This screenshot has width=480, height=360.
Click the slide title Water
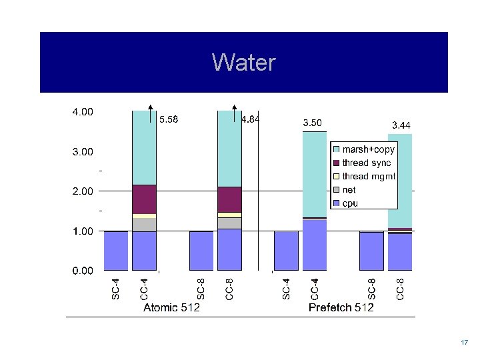(243, 63)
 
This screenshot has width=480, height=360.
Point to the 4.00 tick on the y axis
(83, 112)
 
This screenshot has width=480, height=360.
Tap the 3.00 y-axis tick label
(83, 152)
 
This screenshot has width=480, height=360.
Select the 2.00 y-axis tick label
(83, 191)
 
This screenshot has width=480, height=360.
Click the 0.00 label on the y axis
(83, 271)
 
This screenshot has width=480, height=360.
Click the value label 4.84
(250, 120)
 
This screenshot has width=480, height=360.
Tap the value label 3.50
(312, 123)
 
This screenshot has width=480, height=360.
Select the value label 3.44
(401, 125)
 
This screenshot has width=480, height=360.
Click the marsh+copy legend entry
(367, 150)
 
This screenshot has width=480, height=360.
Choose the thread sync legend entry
(366, 163)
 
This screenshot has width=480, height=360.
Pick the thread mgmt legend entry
(368, 177)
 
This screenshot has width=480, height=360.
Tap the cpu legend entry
(350, 203)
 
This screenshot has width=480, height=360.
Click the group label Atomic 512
(172, 307)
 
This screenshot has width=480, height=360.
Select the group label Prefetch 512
(341, 307)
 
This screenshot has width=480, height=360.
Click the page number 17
(464, 342)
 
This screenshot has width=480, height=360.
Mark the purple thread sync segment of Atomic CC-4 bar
(144, 199)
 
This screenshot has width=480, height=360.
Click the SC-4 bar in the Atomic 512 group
(115, 251)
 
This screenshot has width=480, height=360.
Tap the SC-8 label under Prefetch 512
(372, 289)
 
